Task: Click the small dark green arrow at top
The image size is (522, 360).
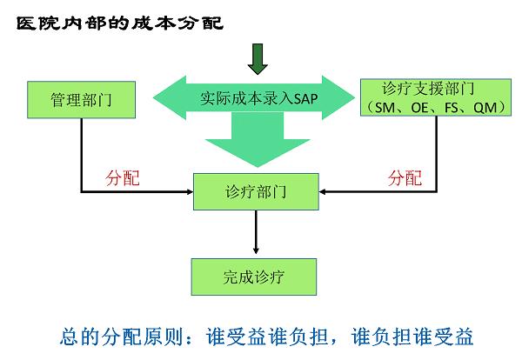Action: click(257, 60)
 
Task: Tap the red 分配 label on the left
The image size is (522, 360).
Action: click(122, 178)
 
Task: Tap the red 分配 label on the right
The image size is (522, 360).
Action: click(404, 178)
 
